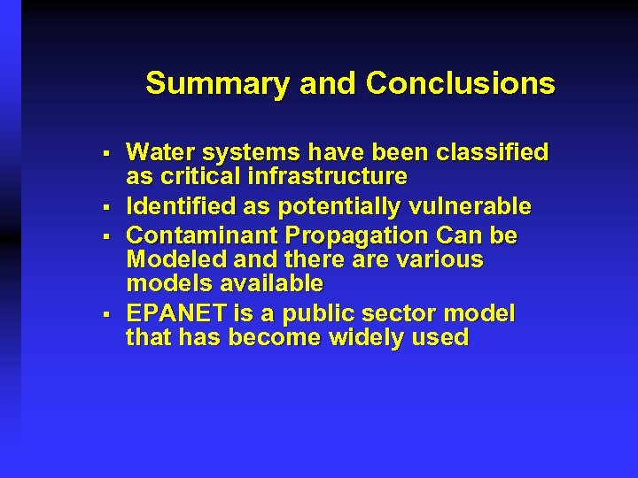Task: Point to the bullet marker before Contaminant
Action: click(105, 237)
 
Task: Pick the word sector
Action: click(389, 314)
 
